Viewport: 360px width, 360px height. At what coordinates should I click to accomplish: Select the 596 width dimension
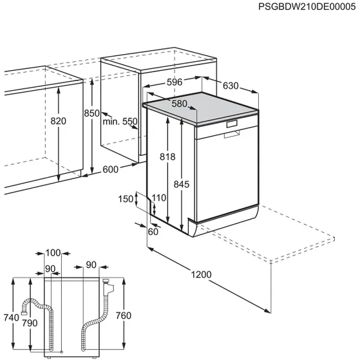click(171, 82)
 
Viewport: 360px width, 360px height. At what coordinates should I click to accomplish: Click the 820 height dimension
click(59, 121)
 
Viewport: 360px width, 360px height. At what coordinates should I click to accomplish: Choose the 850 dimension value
click(92, 113)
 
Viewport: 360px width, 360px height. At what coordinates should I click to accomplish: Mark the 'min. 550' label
click(120, 121)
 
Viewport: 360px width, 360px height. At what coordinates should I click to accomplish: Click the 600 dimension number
click(110, 169)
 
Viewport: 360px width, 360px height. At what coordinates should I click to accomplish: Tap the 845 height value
click(182, 185)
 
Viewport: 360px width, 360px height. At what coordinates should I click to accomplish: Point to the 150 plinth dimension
click(126, 199)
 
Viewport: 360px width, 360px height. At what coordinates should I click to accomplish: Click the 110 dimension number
click(158, 198)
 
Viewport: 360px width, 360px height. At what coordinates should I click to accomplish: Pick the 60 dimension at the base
click(153, 232)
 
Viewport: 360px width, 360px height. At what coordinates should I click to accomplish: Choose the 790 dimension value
click(30, 323)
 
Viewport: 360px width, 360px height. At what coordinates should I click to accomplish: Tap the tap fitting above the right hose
click(108, 283)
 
